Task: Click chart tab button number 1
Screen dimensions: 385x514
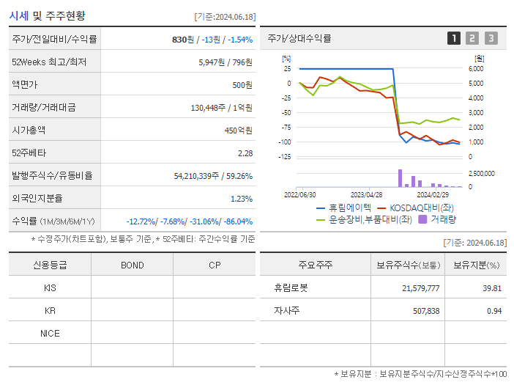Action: click(454, 38)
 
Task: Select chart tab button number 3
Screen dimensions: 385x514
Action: click(491, 38)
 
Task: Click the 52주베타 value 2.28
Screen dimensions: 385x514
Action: click(245, 153)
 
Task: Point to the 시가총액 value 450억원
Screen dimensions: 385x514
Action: click(239, 131)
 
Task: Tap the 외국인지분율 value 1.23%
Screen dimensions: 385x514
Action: click(242, 199)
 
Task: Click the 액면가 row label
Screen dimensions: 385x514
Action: click(26, 85)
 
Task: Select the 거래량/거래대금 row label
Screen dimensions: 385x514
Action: click(43, 108)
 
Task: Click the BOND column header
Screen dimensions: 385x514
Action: click(132, 265)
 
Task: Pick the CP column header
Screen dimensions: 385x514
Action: click(214, 265)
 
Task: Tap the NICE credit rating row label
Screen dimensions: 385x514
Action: click(50, 333)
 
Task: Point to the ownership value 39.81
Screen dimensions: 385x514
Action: click(491, 288)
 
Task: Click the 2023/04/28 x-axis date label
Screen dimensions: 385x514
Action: click(367, 195)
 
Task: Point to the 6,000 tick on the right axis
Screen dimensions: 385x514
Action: click(475, 68)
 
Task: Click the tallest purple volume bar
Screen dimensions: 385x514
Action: click(400, 178)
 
